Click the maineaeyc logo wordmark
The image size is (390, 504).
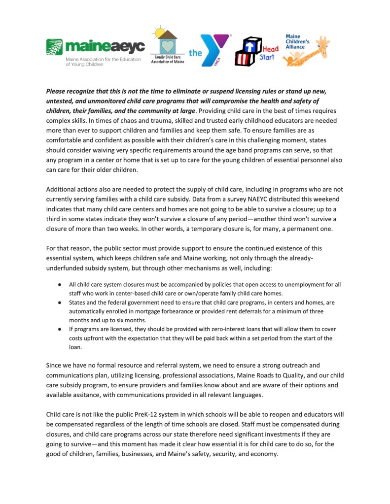105,47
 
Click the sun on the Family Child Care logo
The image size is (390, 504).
159,33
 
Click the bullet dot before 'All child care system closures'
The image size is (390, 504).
59,285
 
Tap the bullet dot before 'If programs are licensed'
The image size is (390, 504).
59,329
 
